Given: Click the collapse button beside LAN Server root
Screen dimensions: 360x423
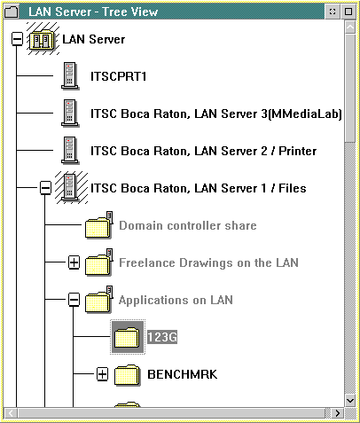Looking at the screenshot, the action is [x=17, y=39].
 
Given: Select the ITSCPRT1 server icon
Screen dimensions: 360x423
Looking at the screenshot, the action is [x=70, y=75].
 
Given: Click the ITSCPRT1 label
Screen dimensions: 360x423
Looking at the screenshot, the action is [x=118, y=76].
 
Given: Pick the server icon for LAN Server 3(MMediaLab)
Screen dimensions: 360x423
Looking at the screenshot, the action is [x=70, y=113].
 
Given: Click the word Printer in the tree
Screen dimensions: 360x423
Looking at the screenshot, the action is [x=297, y=151].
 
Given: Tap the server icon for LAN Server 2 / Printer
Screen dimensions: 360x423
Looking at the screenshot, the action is [x=70, y=150].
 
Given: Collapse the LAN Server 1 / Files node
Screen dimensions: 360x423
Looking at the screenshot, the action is [x=45, y=188].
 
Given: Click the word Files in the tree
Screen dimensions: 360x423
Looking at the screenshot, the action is [x=293, y=188].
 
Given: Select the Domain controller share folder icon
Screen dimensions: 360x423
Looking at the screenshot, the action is [x=98, y=225].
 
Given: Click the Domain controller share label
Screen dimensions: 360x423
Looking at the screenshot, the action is [x=188, y=225].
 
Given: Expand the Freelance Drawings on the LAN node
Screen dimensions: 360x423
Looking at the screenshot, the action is [x=74, y=262].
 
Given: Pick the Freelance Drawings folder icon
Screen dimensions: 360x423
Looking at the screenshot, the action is [x=98, y=262].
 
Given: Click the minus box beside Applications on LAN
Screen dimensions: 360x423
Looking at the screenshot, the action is [x=74, y=300].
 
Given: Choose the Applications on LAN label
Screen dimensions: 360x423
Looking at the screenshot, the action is [x=176, y=300].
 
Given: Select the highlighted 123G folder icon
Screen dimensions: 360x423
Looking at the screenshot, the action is [x=127, y=337].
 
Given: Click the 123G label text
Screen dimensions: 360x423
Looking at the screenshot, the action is [x=162, y=337].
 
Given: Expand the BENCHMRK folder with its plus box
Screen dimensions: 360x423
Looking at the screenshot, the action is [x=102, y=374].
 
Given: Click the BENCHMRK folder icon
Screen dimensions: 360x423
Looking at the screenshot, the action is [x=127, y=375].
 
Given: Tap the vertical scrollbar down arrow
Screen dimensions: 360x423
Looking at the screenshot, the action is [x=350, y=401].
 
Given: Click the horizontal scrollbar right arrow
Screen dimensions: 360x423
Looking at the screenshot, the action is [x=338, y=413].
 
